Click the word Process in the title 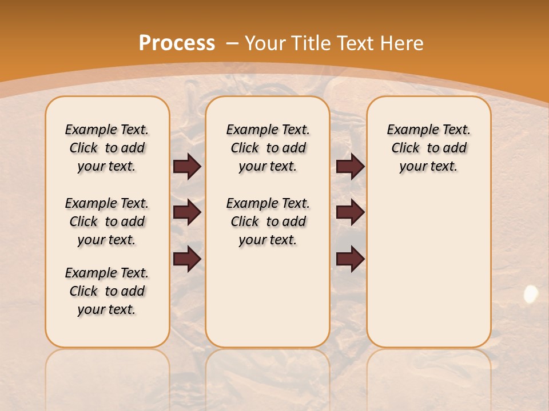coord(177,43)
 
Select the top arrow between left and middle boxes coord(187,167)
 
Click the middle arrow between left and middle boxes coord(187,212)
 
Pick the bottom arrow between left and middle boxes coord(187,259)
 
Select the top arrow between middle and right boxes coord(350,167)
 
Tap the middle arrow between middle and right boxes coord(350,212)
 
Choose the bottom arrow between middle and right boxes coord(350,259)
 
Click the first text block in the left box coord(107,148)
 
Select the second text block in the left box coord(107,221)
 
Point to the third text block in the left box coord(107,291)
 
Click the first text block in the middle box coord(268,148)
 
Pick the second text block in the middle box coord(268,221)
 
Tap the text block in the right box coord(429,148)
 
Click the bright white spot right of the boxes coord(531,294)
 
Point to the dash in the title coord(232,43)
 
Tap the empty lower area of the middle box coord(268,297)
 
